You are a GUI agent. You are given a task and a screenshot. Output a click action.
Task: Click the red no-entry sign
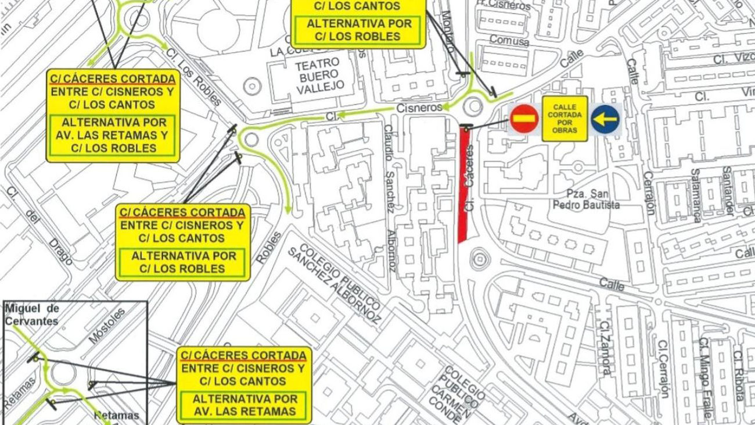click(x=524, y=119)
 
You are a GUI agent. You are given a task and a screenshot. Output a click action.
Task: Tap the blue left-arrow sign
click(x=605, y=119)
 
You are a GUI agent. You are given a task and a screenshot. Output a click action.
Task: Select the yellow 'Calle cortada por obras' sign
click(x=565, y=119)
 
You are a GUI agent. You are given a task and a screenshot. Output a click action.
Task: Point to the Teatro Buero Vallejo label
click(x=320, y=76)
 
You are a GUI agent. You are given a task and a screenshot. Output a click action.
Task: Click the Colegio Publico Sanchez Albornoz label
click(x=336, y=284)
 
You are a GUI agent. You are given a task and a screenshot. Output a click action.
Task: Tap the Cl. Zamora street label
click(x=606, y=349)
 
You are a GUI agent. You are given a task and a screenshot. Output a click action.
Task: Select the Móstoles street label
click(x=108, y=326)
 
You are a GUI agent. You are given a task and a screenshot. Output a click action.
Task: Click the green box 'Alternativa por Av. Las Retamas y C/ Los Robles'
click(x=114, y=135)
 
